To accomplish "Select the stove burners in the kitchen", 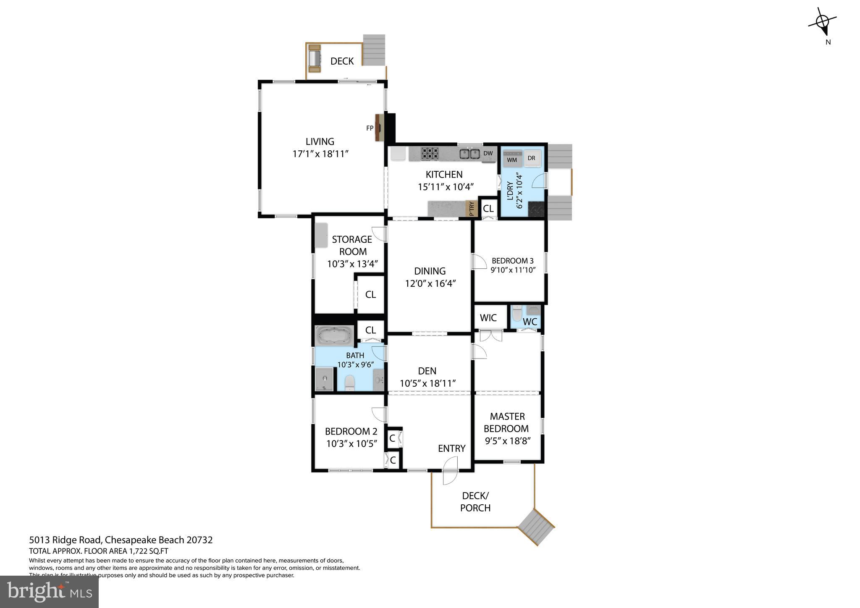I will point(430,153).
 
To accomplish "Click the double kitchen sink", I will point(469,154).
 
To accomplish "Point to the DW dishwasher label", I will point(488,153).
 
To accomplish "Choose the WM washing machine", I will point(512,158).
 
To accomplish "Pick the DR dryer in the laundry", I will point(532,158).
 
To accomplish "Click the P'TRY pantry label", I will point(472,209).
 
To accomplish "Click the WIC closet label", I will point(488,318).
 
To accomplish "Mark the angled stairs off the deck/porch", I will point(536,527).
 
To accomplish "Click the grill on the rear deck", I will point(314,60).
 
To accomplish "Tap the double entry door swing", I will point(450,471).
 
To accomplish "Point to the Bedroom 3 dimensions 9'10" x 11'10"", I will point(513,270).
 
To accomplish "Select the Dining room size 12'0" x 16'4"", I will point(430,283).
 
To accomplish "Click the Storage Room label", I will point(352,245).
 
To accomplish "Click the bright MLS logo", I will point(49,592).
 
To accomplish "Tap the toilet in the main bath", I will point(349,383).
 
